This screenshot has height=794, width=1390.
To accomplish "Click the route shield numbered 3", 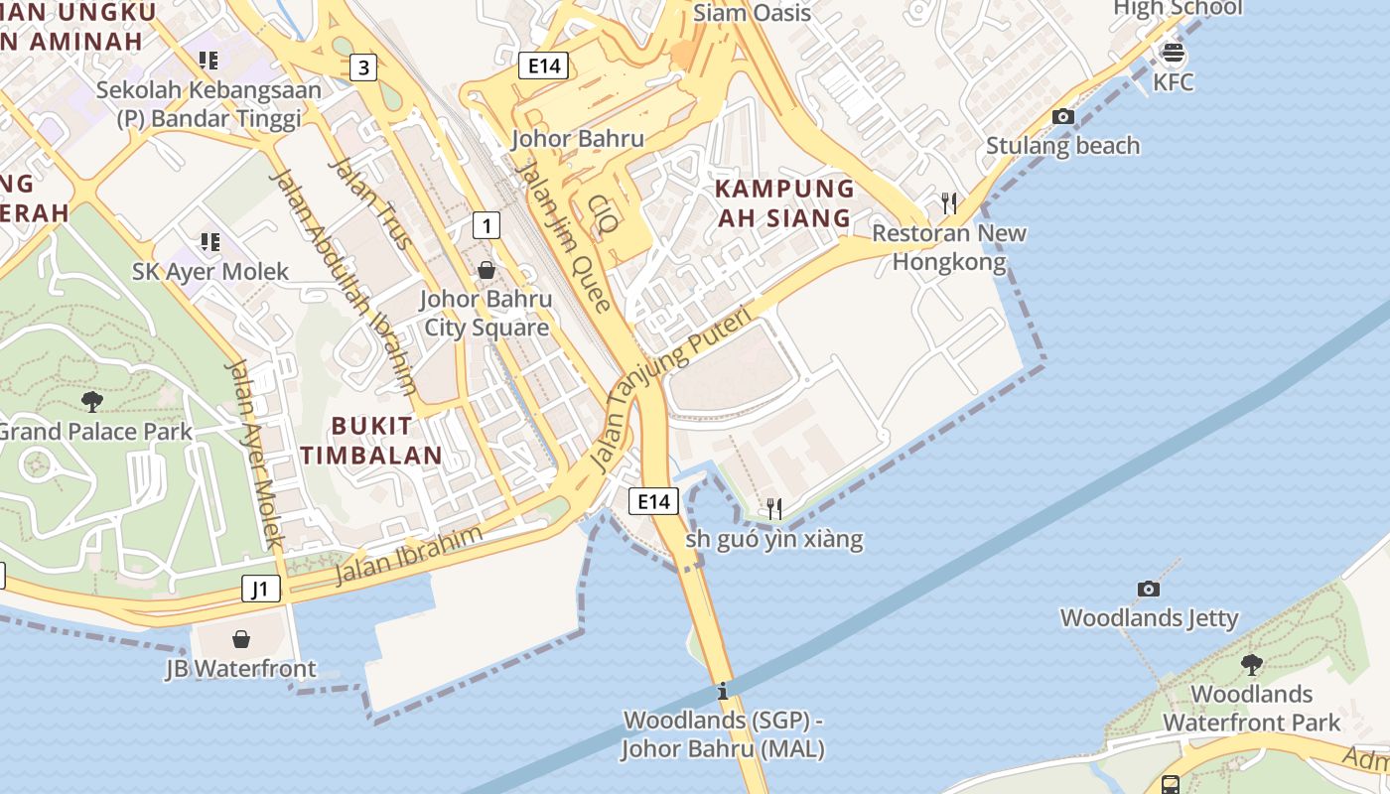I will [x=364, y=67].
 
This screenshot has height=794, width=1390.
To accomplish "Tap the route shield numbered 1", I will [x=486, y=225].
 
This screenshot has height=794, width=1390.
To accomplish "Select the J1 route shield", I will [x=260, y=589].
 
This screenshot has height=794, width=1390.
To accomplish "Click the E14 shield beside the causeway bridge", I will [x=654, y=501].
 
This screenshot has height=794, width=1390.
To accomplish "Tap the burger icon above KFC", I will [x=1173, y=53].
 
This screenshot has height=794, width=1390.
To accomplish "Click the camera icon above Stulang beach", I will [x=1063, y=116].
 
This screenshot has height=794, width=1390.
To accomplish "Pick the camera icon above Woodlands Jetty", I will [x=1149, y=589].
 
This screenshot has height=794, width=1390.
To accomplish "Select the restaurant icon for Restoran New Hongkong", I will [x=949, y=203].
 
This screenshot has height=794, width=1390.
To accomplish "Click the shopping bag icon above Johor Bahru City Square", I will [x=486, y=270].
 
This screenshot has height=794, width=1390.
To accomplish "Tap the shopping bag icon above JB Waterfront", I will [x=241, y=639].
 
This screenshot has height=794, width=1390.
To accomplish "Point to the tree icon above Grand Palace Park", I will [x=92, y=401].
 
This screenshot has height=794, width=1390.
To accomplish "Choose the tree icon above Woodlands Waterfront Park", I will [x=1252, y=664].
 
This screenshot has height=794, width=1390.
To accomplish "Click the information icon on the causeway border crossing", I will [x=723, y=691].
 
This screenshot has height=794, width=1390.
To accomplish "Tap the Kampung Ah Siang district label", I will [x=783, y=202].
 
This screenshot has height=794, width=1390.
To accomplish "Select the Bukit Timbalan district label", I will [x=371, y=441].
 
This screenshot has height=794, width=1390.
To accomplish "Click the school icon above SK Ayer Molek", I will [x=209, y=242].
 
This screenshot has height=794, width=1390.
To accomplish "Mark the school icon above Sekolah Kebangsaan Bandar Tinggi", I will [x=208, y=61].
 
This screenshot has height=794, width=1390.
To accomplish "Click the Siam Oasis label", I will [x=752, y=13].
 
